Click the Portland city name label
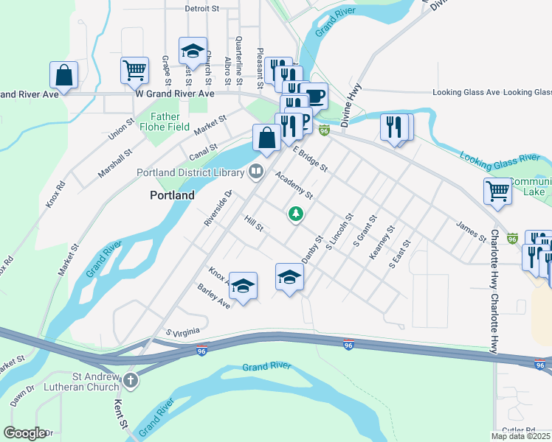tap(172, 196)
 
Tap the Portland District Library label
tap(190, 173)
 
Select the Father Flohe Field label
tap(165, 122)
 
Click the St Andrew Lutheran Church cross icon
tap(130, 381)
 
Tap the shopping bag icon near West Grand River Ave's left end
tap(64, 74)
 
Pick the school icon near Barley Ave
tap(243, 285)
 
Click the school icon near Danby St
tap(289, 276)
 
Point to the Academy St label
tap(294, 186)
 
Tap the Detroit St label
tap(203, 10)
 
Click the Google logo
tap(25, 434)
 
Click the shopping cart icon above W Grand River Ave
tap(135, 70)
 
